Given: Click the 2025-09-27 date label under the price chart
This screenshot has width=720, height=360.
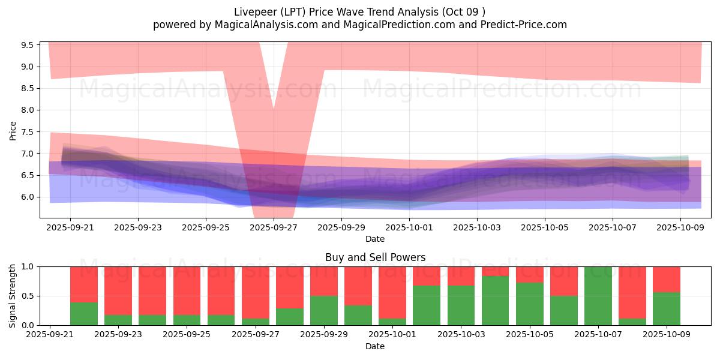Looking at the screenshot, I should click(274, 227).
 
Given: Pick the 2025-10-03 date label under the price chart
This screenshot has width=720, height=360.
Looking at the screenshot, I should click(477, 227).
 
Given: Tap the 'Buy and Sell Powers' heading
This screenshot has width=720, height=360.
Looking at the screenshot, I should click(375, 257).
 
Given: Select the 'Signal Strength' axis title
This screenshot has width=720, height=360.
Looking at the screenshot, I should click(13, 295).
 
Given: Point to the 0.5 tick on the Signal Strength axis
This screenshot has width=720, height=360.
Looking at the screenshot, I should click(28, 296).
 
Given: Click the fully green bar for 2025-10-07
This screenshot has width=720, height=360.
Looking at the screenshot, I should click(598, 296).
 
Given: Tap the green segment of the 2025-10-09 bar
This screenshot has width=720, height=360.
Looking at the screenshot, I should click(667, 309).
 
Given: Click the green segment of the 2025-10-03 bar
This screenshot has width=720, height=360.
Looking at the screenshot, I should click(461, 305).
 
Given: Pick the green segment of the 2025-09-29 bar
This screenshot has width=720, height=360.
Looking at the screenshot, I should click(324, 310).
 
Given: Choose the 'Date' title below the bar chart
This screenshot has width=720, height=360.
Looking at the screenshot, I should click(375, 346).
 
